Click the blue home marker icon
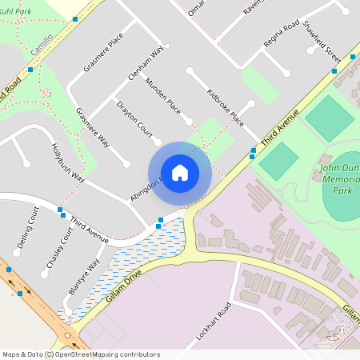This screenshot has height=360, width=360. click(180, 172)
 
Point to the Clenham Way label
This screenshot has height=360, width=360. click(146, 63)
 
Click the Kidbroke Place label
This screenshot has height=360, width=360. click(225, 106)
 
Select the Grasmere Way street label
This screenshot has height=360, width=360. click(94, 127)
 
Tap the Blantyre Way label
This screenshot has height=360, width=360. click(84, 278)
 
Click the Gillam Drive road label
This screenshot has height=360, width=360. click(122, 285)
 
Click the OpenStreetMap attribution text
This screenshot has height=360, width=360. click(81, 354)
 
